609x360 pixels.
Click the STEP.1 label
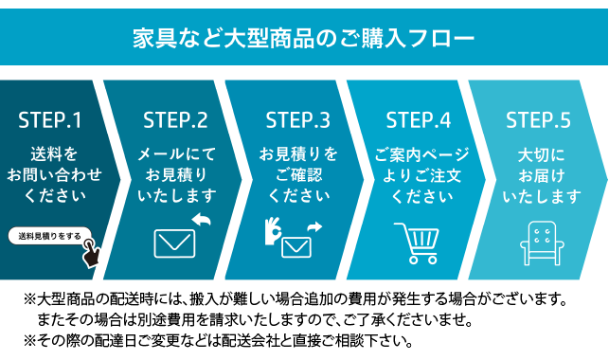tap(50, 121)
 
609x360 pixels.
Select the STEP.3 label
tap(297, 121)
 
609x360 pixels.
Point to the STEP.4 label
tap(418, 121)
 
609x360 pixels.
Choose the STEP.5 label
tap(538, 121)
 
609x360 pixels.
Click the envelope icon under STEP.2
tap(173, 243)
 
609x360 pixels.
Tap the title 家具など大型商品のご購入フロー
tap(303, 39)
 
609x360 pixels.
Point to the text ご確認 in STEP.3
tap(297, 175)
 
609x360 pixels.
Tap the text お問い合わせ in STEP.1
tap(52, 175)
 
